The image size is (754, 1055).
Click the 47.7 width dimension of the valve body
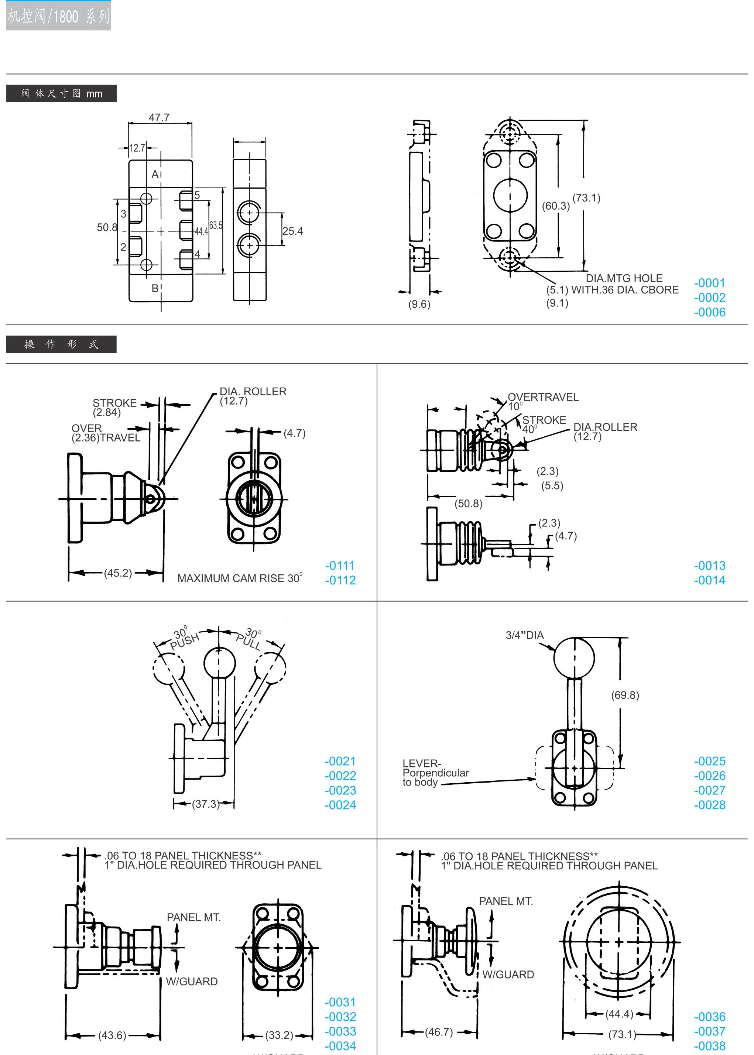click(159, 117)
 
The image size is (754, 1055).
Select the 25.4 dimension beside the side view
click(292, 231)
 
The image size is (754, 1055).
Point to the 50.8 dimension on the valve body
click(106, 227)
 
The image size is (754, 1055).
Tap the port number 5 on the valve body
click(197, 195)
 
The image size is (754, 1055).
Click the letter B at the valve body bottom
click(155, 289)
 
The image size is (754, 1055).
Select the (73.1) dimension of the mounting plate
click(586, 198)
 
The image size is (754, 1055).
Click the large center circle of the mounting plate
click(510, 195)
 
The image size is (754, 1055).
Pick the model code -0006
click(709, 312)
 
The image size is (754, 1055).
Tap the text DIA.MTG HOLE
click(624, 278)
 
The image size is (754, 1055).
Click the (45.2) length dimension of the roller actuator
click(118, 573)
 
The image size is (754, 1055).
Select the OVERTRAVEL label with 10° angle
click(543, 397)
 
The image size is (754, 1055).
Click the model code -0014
click(709, 580)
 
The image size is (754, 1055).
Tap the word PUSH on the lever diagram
click(185, 641)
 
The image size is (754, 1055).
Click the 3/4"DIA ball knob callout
click(525, 635)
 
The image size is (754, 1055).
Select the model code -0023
click(340, 790)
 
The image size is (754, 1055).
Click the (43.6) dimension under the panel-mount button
click(112, 1035)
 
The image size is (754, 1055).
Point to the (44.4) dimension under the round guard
click(619, 1014)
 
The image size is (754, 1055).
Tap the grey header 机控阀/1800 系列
click(58, 17)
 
